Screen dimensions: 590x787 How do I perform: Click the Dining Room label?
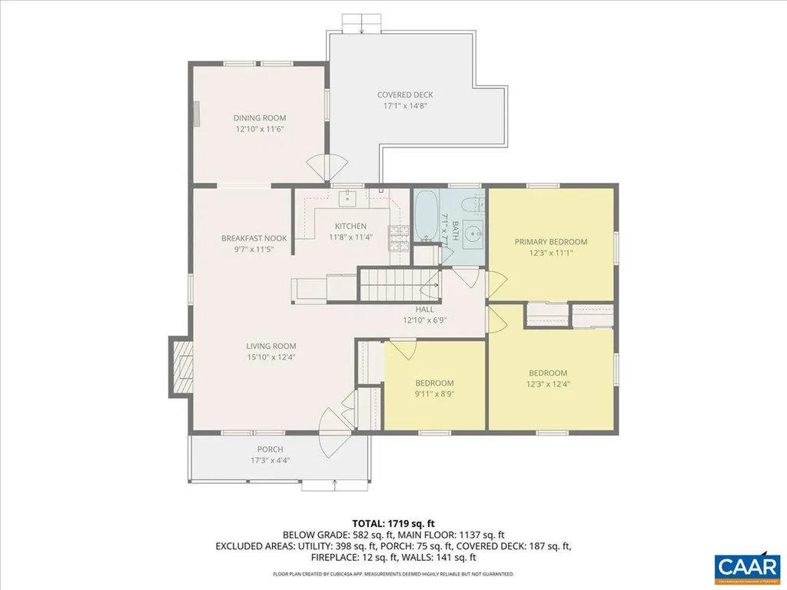pyautogui.click(x=259, y=118)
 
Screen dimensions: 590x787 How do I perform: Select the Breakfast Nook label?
pyautogui.click(x=254, y=238)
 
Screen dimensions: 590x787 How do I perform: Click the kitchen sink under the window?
pyautogui.click(x=349, y=197)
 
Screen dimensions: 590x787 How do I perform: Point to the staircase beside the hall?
pyautogui.click(x=398, y=285)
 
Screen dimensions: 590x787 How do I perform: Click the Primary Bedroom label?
pyautogui.click(x=550, y=241)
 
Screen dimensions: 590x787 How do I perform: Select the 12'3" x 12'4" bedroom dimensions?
pyautogui.click(x=547, y=384)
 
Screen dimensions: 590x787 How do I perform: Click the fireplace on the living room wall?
pyautogui.click(x=181, y=366)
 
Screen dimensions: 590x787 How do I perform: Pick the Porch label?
pyautogui.click(x=270, y=449)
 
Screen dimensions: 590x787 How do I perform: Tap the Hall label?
pyautogui.click(x=425, y=309)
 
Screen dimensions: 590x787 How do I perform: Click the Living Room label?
pyautogui.click(x=271, y=346)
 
